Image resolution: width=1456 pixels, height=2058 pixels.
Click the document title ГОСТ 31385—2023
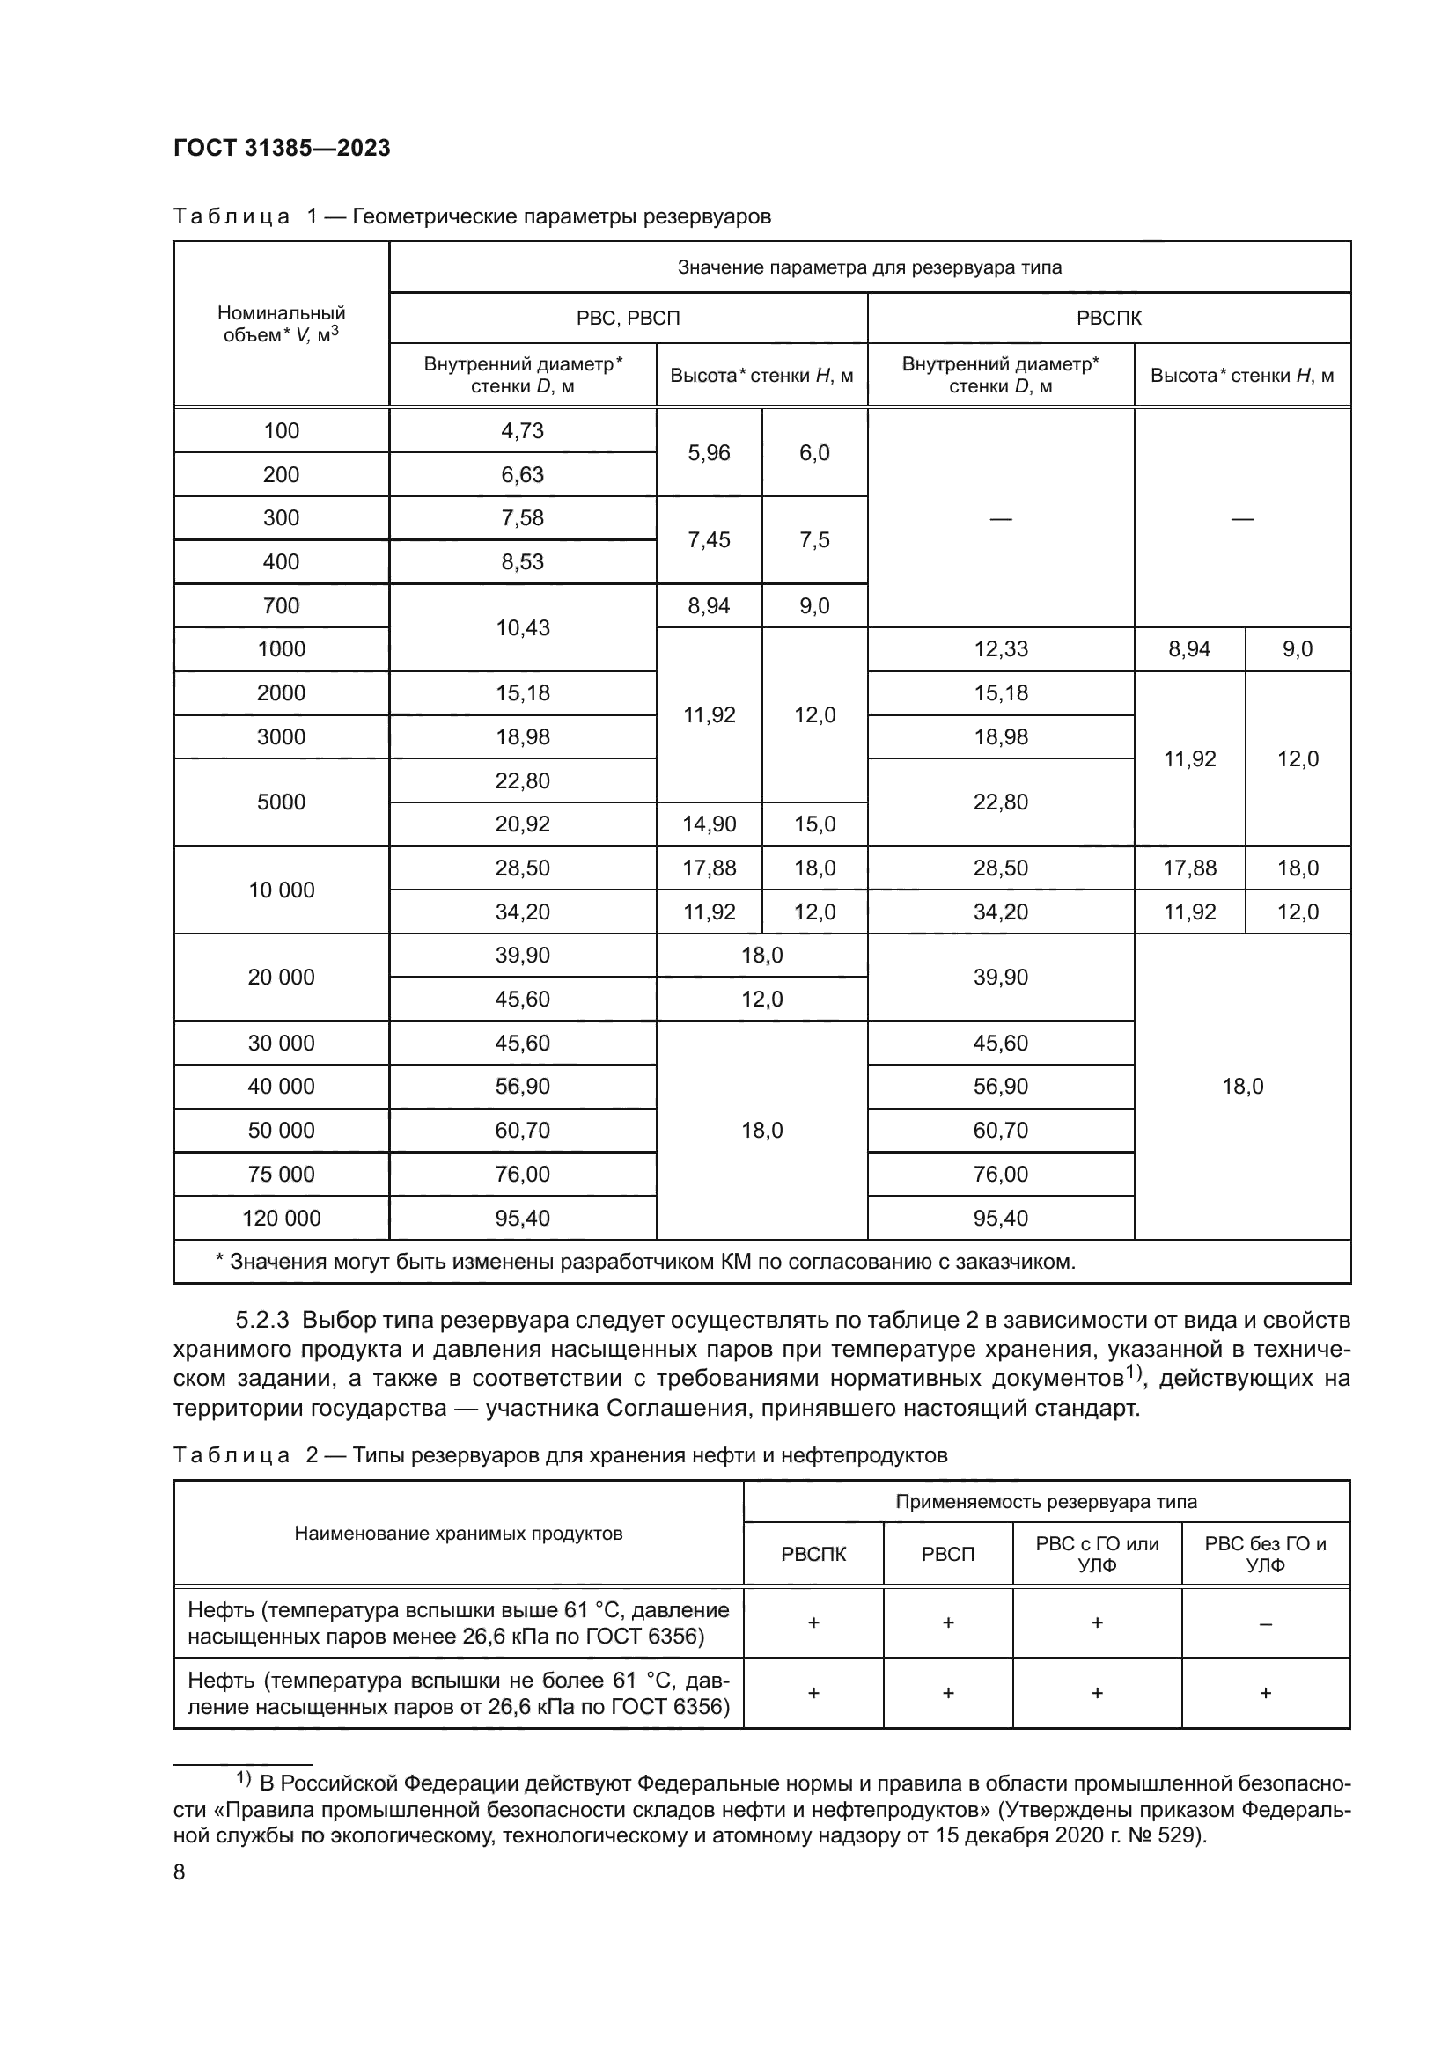282,148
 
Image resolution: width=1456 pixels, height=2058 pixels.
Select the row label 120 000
281,1217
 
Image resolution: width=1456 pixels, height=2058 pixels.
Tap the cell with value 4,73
522,430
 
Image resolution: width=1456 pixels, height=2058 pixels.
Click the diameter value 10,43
522,627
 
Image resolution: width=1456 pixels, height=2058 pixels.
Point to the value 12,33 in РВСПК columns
1000,649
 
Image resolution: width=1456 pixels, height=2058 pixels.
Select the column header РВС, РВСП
628,319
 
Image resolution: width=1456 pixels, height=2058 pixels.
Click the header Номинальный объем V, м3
281,324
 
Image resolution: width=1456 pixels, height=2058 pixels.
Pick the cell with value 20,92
522,824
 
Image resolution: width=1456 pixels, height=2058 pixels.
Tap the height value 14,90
709,824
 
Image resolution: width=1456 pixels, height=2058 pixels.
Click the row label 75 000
281,1174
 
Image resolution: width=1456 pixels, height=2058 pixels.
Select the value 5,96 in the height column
709,452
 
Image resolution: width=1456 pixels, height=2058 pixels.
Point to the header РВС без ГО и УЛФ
1264,1553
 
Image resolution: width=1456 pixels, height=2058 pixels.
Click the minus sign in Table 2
1264,1623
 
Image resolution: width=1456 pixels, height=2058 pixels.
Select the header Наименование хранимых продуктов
458,1533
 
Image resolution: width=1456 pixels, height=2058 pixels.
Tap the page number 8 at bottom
180,1871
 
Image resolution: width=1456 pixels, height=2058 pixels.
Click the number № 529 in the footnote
1171,1835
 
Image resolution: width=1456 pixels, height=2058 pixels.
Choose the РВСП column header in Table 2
947,1554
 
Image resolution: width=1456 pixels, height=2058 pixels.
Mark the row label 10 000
281,890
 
